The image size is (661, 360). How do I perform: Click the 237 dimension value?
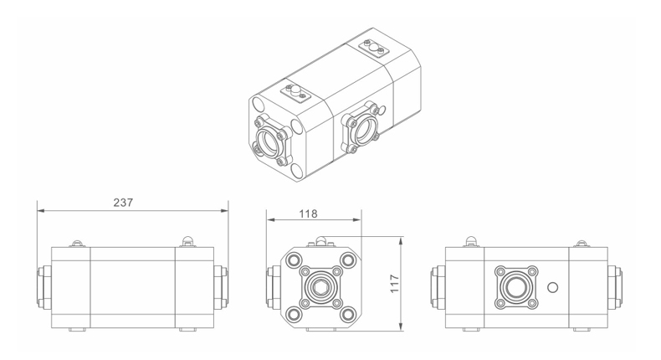123,203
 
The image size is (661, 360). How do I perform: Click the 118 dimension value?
308,214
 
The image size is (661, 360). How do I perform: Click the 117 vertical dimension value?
394,284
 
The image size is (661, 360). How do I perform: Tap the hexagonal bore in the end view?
319,288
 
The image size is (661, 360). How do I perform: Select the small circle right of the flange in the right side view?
552,288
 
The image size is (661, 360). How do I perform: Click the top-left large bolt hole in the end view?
293,260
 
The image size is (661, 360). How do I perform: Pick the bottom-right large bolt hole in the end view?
347,314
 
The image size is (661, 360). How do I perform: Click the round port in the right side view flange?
516,288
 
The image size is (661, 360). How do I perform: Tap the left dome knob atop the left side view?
78,243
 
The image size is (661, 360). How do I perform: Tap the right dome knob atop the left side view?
187,241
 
